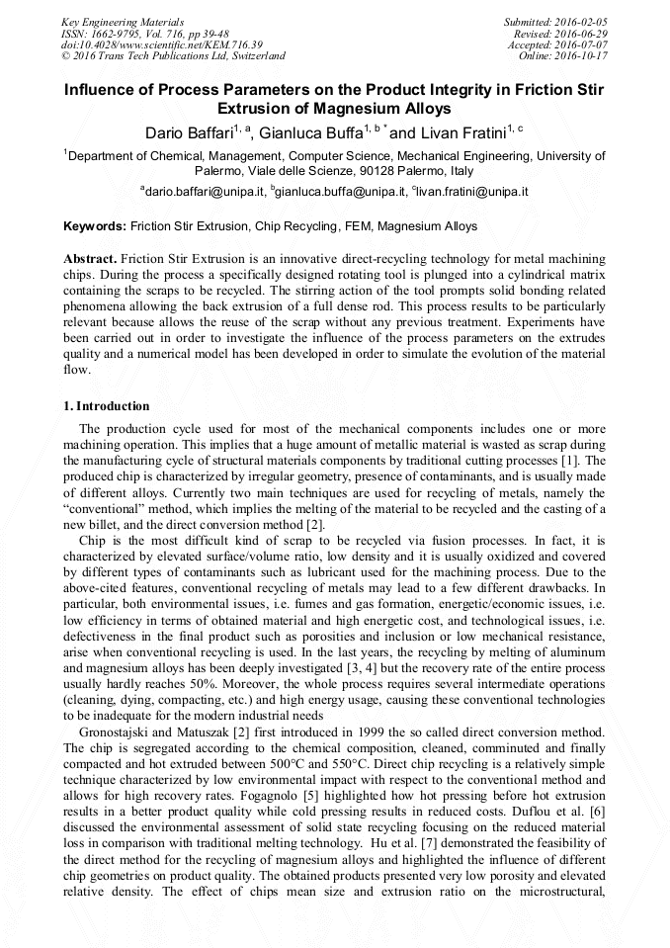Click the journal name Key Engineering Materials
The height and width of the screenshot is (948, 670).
coord(121,21)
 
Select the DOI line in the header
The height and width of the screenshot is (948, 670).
coord(162,44)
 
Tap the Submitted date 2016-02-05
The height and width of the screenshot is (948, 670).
coord(582,21)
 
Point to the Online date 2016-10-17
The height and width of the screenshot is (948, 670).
coord(583,56)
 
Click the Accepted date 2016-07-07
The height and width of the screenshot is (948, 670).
coord(582,44)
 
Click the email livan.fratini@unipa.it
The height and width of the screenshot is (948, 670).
coord(471,191)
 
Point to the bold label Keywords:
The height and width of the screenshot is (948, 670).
coord(95,226)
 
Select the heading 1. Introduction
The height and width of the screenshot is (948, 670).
coord(107,406)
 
